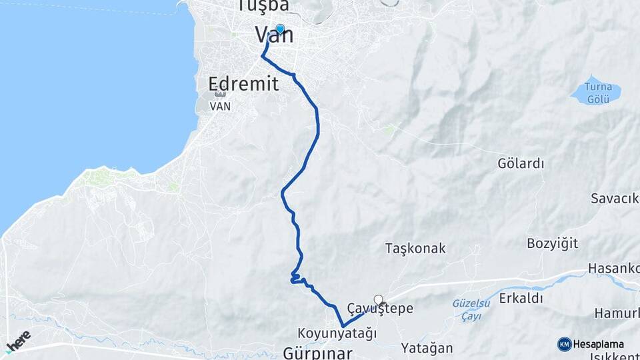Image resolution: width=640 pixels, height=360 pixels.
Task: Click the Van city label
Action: coord(274,36)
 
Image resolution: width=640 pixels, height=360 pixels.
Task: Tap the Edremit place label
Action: coord(243,84)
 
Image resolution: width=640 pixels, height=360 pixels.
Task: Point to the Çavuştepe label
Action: coord(381,309)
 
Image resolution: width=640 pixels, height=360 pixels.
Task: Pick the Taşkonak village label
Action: coord(415,249)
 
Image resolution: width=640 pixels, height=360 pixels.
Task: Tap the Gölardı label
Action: coord(521,163)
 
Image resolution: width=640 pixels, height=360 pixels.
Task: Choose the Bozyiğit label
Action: coord(552,242)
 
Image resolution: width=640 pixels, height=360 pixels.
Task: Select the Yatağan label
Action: coord(427,347)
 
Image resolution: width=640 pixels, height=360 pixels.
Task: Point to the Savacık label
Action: coord(614,198)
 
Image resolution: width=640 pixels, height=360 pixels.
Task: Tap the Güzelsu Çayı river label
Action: coord(471,309)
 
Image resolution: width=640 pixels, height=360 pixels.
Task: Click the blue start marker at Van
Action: coord(280,29)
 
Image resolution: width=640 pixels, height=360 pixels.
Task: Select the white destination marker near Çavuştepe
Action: coord(379,300)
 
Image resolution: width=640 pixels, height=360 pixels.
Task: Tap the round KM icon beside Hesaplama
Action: coord(564,344)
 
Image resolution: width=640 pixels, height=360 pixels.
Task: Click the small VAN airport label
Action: coord(219,106)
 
